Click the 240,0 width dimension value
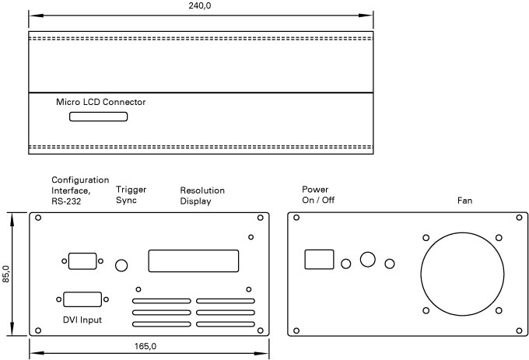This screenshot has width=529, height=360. [x=201, y=6]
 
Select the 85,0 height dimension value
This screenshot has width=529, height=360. [x=6, y=274]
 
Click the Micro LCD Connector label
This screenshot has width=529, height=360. [x=100, y=102]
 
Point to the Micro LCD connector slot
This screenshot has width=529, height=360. [x=99, y=117]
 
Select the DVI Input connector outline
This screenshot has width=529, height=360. [x=82, y=301]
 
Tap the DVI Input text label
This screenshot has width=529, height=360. [x=82, y=320]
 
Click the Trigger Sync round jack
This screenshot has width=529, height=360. [x=121, y=265]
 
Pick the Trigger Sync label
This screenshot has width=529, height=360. [x=131, y=194]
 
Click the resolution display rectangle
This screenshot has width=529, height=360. [x=193, y=260]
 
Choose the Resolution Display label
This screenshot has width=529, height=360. [x=202, y=196]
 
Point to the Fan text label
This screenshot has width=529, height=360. [x=464, y=201]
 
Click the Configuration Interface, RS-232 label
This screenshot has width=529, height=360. [x=80, y=190]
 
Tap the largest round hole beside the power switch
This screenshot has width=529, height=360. [x=367, y=260]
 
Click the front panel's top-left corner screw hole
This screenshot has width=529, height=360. [x=38, y=218]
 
